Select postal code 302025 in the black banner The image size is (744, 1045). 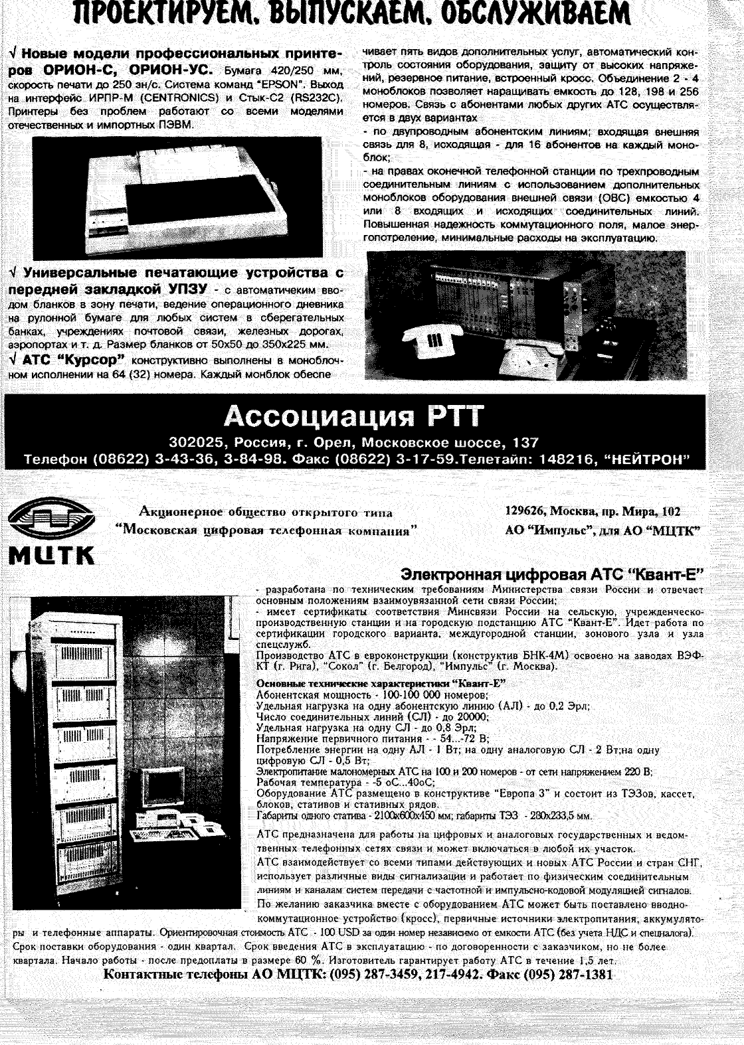point(193,442)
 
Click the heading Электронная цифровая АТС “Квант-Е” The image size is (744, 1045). point(552,574)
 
